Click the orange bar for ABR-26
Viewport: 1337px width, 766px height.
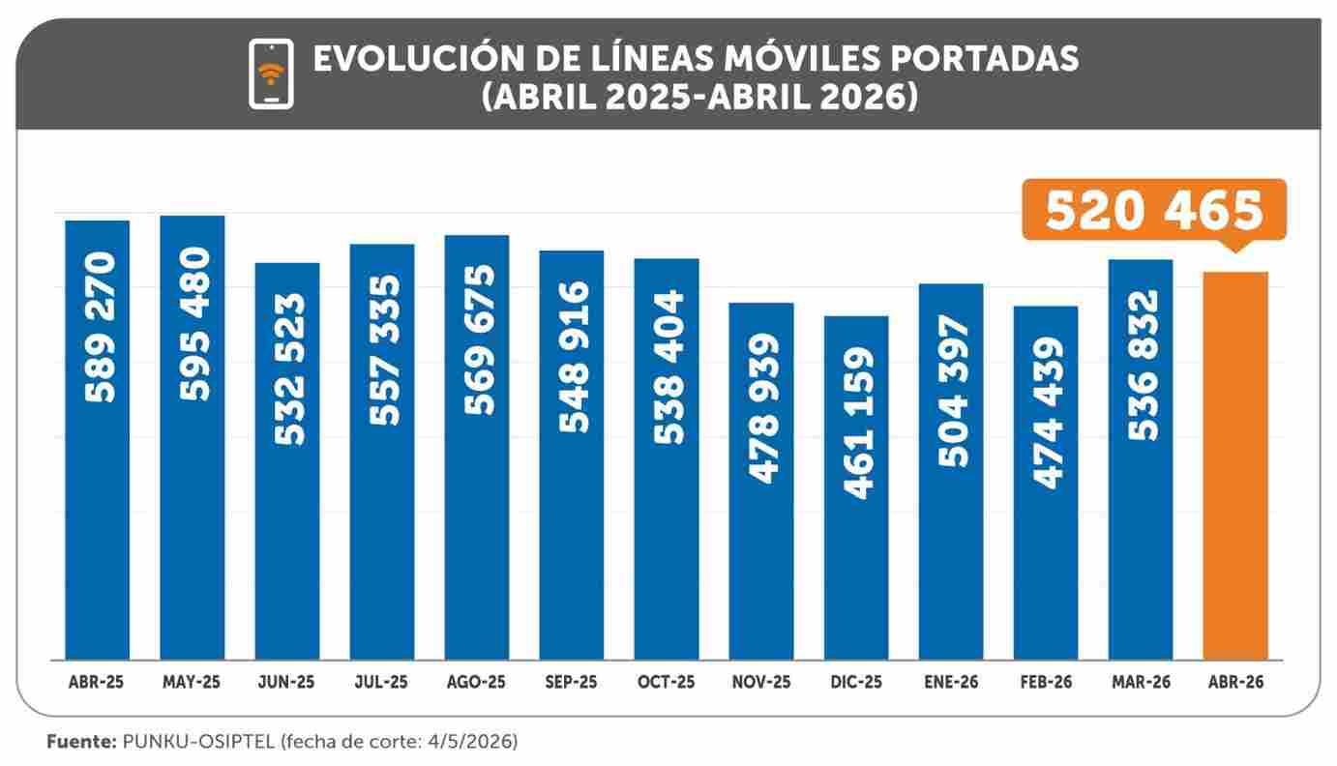click(x=1234, y=466)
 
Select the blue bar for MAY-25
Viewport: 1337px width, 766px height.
click(x=193, y=438)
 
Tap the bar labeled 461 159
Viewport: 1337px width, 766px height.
click(x=856, y=488)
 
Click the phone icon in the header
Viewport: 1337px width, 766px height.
click(x=271, y=74)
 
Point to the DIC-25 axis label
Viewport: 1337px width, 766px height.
click(x=856, y=682)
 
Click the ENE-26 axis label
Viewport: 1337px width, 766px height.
click(x=951, y=682)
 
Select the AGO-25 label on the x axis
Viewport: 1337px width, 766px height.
click(x=476, y=682)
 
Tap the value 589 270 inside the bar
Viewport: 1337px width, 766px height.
click(x=100, y=327)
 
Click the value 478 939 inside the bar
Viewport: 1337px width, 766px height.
click(x=763, y=409)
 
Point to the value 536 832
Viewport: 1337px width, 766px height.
click(x=1143, y=365)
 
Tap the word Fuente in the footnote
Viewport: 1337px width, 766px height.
click(x=80, y=742)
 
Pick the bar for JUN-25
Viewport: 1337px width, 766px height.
click(x=287, y=461)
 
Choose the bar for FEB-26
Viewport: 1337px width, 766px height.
click(x=1046, y=484)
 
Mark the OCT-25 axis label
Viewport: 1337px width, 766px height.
click(x=667, y=682)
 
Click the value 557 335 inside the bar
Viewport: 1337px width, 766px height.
click(x=384, y=350)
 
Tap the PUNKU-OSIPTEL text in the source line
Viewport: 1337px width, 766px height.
click(x=198, y=742)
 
